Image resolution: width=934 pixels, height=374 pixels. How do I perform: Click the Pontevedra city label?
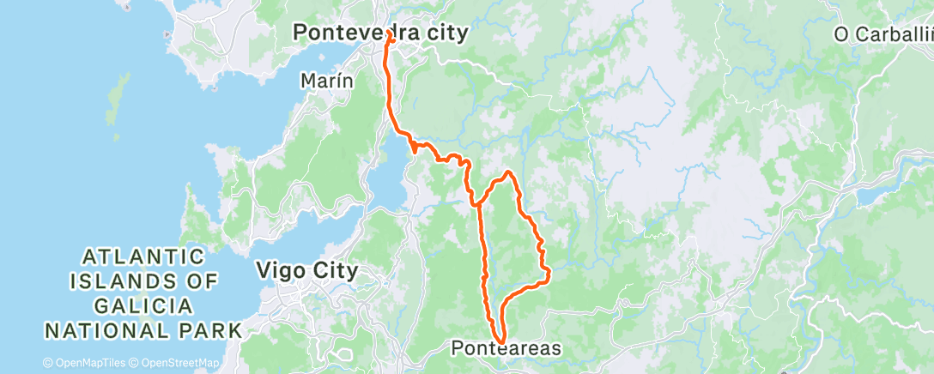click(x=380, y=33)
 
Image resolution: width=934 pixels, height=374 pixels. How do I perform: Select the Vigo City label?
click(x=306, y=271)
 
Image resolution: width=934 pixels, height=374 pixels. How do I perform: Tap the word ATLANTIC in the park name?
click(x=144, y=256)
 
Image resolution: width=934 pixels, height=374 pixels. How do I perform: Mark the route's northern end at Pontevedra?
click(x=390, y=34)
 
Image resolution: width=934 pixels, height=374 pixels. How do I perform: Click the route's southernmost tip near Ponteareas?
click(x=499, y=341)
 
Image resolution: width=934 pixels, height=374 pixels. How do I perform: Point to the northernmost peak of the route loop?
click(x=508, y=172)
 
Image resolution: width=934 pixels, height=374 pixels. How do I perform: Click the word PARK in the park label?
click(x=211, y=329)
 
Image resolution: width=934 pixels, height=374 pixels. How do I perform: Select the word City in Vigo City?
click(x=335, y=271)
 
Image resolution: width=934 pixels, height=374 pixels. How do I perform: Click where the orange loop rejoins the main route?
click(x=475, y=204)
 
